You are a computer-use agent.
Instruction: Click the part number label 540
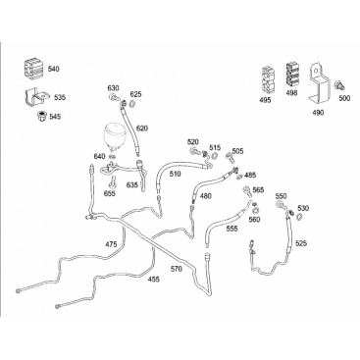pos(54,69)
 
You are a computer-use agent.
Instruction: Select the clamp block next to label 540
pos(34,68)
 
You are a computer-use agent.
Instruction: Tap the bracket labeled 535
pos(35,97)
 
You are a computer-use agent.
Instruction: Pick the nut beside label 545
pos(41,116)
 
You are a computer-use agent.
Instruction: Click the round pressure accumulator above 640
pos(113,137)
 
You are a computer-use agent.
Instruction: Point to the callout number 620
pos(142,129)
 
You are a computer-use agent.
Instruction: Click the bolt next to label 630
pos(115,97)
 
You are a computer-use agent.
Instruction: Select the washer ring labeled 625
pos(133,104)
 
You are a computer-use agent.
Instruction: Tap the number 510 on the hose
pos(175,174)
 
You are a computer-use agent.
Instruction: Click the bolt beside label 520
pos(195,151)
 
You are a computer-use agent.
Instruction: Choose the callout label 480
pos(206,196)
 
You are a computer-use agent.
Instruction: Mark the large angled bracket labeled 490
pos(318,82)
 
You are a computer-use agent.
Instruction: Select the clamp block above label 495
pos(268,80)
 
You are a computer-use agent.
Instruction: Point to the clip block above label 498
pos(292,75)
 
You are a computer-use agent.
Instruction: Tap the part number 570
pos(177,269)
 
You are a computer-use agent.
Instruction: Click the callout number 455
pos(154,280)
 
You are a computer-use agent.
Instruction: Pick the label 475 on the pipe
pos(111,244)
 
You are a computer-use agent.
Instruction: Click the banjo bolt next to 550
pos(281,206)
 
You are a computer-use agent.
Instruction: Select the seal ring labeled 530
pos(300,216)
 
